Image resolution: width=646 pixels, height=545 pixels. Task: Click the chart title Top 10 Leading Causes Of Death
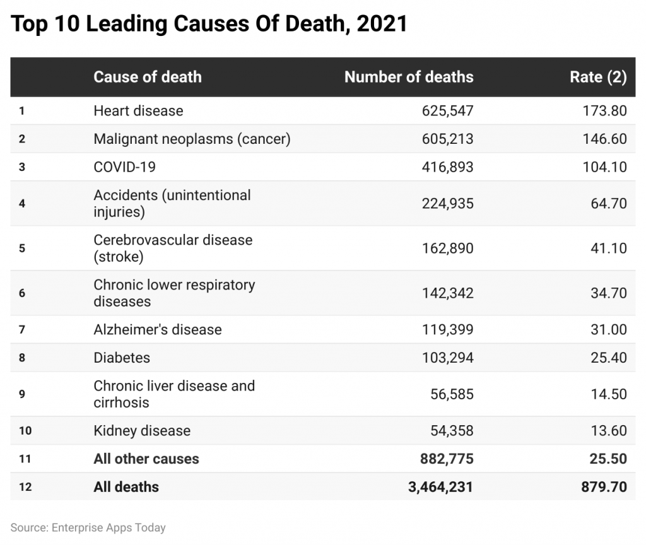(x=209, y=24)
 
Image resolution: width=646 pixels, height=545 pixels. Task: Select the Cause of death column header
(x=147, y=77)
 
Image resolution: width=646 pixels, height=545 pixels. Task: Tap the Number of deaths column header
(x=408, y=77)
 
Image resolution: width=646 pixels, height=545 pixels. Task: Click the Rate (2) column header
(x=598, y=77)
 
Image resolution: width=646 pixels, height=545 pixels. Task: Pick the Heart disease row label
(x=138, y=111)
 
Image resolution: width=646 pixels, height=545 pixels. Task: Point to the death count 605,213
(x=447, y=139)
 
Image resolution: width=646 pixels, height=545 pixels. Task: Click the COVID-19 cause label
(x=124, y=167)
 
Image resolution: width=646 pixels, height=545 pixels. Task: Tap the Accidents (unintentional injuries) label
(x=172, y=203)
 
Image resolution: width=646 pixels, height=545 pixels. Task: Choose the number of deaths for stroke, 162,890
(x=447, y=248)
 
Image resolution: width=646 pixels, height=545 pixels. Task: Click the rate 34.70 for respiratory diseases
(x=606, y=293)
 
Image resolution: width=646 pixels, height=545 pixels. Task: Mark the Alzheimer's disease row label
(x=158, y=329)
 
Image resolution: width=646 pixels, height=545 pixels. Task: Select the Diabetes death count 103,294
(x=447, y=358)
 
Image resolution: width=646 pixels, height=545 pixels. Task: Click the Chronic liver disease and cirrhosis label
(x=174, y=394)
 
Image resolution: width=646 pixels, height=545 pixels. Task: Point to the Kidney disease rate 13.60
(x=606, y=431)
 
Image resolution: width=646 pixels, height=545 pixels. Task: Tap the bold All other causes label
(x=146, y=459)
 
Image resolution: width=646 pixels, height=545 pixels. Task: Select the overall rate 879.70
(x=602, y=487)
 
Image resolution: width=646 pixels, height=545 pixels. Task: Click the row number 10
(x=25, y=431)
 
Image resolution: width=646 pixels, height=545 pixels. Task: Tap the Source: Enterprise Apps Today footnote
(x=88, y=527)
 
